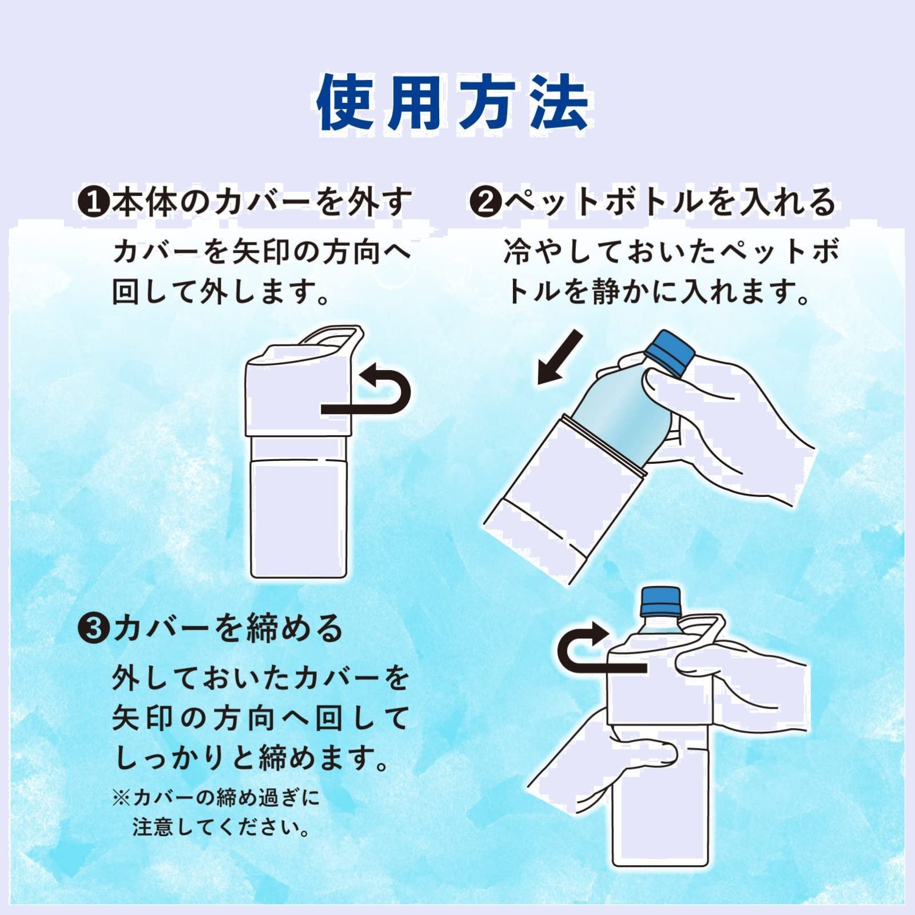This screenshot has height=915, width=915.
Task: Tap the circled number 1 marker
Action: pyautogui.click(x=93, y=202)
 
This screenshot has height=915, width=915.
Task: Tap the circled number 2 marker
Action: pyautogui.click(x=485, y=202)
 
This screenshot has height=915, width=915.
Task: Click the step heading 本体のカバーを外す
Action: pyautogui.click(x=262, y=202)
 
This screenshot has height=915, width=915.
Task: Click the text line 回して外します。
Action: pyautogui.click(x=221, y=292)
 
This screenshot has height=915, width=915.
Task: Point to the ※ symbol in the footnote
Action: pyautogui.click(x=121, y=797)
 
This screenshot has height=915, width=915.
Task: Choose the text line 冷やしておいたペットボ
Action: pyautogui.click(x=671, y=252)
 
